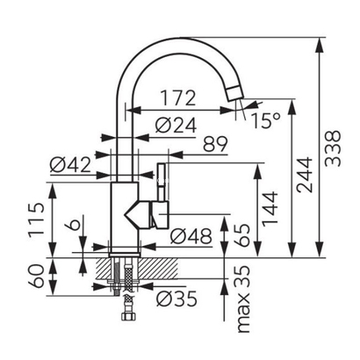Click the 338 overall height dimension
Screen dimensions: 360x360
tap(334, 148)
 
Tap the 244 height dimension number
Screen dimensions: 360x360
tap(305, 175)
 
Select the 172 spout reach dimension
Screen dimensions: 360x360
tap(178, 98)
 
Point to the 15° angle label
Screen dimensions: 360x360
tap(266, 120)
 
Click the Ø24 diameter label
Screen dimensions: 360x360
tap(176, 126)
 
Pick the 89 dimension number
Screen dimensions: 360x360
tap(215, 144)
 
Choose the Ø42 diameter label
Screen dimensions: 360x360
tap(70, 164)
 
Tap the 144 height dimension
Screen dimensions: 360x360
tap(270, 209)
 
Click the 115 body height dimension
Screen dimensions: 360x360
tap(36, 219)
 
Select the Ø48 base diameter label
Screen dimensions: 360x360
tap(191, 236)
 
